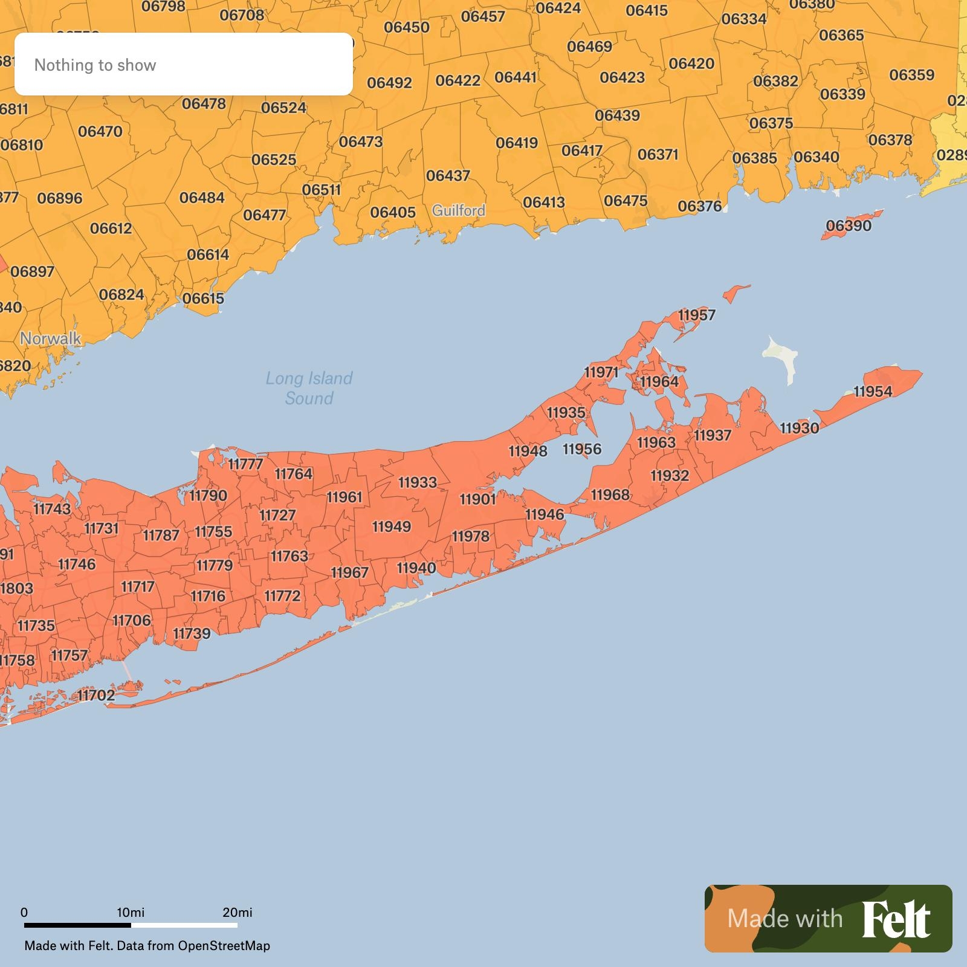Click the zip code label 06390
[x=849, y=226]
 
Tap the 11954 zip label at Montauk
[x=873, y=392]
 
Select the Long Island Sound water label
[x=309, y=388]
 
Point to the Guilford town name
[x=458, y=210]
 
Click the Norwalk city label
[x=50, y=338]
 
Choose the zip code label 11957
[x=696, y=315]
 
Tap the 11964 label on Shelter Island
[x=659, y=382]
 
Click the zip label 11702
[x=96, y=695]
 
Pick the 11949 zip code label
[x=391, y=527]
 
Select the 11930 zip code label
[x=799, y=428]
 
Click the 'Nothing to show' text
[x=95, y=65]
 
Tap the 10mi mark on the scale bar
[x=131, y=912]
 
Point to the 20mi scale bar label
[x=237, y=912]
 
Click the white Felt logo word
[x=896, y=919]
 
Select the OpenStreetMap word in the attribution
[x=224, y=946]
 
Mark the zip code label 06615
[x=203, y=299]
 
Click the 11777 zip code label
[x=245, y=464]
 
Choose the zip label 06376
[x=699, y=207]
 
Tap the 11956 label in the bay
[x=582, y=449]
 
